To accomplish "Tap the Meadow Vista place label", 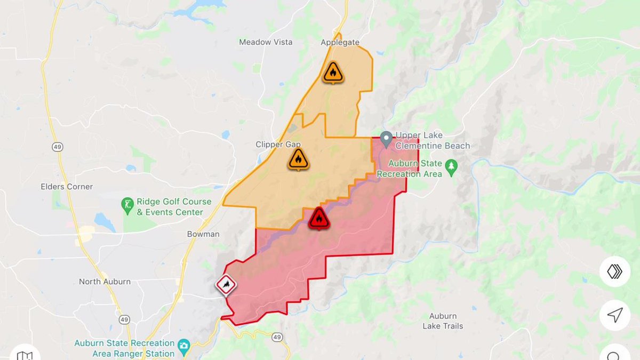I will (x=266, y=42).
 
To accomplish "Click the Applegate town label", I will (x=340, y=43).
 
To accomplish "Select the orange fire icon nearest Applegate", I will (x=333, y=73).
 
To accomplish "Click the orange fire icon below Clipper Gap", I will (x=298, y=159).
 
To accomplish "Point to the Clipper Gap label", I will (x=278, y=145).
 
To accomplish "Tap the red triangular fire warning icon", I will (x=319, y=219).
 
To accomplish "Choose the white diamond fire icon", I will (x=226, y=285).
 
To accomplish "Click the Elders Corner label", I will (x=67, y=187).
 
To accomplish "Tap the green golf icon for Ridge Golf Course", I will (x=127, y=205).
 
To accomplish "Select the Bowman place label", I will (x=203, y=234).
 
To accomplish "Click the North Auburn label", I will (x=105, y=282).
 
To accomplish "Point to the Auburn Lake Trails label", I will (x=443, y=321).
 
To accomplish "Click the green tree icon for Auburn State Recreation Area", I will (x=451, y=166).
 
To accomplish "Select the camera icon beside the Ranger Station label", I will (x=184, y=346).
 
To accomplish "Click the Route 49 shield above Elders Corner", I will (x=58, y=146).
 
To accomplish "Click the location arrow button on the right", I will (x=614, y=315).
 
